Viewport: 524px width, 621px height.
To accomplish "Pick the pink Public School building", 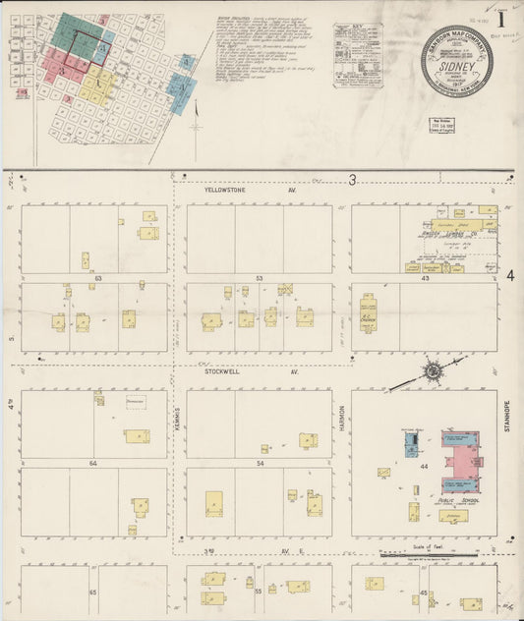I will click(459, 459).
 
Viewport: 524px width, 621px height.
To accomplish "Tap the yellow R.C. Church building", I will click(370, 312).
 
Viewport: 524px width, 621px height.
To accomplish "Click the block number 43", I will click(425, 278).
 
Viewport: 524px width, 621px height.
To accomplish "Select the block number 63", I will click(97, 278).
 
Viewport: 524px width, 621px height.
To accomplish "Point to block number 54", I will click(260, 462).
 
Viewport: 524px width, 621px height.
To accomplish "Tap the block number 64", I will click(93, 462).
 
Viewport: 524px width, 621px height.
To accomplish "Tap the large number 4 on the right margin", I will click(511, 278).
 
